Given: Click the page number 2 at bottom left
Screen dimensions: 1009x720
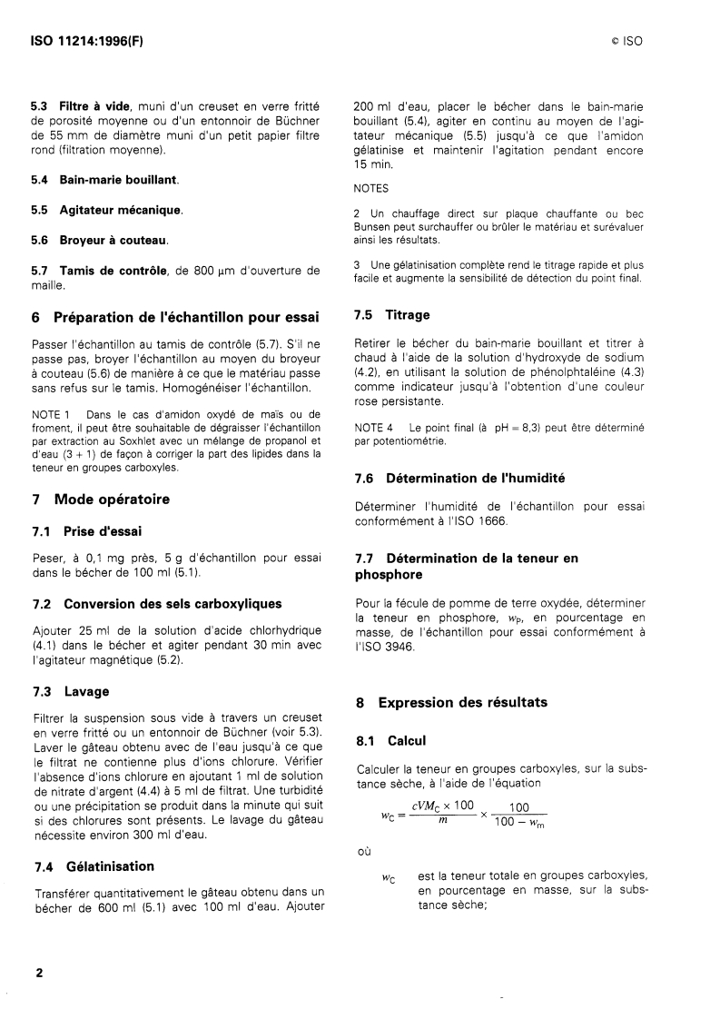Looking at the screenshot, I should click(39, 972).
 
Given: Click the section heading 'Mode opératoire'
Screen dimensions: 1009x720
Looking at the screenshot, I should click(112, 499).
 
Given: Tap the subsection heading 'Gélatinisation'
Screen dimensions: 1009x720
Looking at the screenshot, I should click(106, 866).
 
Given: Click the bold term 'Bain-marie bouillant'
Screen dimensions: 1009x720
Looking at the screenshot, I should click(119, 181).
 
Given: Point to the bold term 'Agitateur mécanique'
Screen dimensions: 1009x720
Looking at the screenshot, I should click(121, 210).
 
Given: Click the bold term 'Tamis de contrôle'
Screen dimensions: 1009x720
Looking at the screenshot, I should click(113, 270).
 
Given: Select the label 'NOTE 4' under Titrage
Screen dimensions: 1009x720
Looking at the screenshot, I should click(373, 427).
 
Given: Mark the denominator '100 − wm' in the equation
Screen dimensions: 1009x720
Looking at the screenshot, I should click(519, 825).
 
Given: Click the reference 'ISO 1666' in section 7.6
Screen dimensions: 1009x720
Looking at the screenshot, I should click(481, 521).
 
